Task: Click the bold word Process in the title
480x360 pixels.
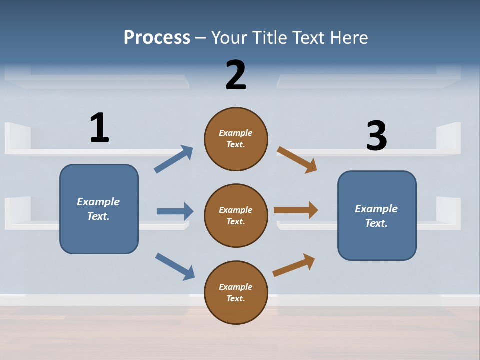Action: [x=157, y=38]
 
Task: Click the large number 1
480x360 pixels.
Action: [x=99, y=127]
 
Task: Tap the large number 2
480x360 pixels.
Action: [x=236, y=75]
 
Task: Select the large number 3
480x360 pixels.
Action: [x=376, y=135]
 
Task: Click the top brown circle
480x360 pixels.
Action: [x=236, y=155]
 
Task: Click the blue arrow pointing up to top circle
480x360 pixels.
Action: [x=173, y=159]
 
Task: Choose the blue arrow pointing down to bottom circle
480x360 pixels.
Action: [x=175, y=266]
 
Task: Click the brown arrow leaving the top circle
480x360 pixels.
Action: [x=297, y=159]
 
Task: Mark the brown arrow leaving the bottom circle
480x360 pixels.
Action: [x=294, y=265]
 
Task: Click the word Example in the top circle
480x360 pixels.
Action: [x=236, y=133]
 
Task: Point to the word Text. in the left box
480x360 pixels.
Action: [x=99, y=216]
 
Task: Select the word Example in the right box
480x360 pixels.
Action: [x=376, y=209]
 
